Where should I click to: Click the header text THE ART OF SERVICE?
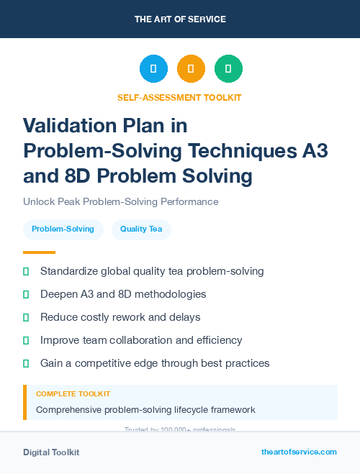click(x=180, y=19)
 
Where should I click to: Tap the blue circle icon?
click(x=153, y=69)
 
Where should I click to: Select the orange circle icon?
click(x=191, y=69)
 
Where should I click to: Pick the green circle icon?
click(x=228, y=69)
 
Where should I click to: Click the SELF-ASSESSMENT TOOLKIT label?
click(x=179, y=97)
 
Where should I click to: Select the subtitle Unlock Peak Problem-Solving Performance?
click(x=120, y=202)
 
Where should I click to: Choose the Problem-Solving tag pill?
click(x=63, y=229)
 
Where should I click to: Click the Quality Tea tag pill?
click(x=141, y=229)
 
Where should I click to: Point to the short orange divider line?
click(x=39, y=252)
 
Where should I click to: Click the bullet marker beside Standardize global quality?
click(x=26, y=272)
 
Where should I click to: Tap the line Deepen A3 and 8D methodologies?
click(x=123, y=294)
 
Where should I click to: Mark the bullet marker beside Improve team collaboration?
click(x=26, y=340)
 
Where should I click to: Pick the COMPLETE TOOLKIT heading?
click(x=73, y=394)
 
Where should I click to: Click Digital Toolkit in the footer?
click(x=51, y=452)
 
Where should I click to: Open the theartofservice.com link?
click(x=299, y=452)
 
